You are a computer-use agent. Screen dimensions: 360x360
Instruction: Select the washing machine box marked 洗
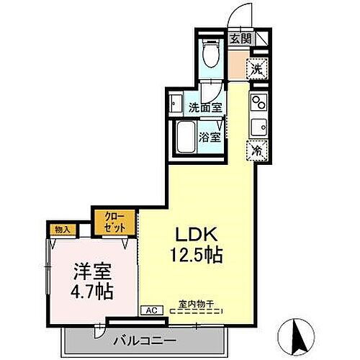[x=257, y=69]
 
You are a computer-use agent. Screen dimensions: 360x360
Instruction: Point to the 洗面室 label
[x=204, y=108]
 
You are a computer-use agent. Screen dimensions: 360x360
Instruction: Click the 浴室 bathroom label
[x=210, y=135]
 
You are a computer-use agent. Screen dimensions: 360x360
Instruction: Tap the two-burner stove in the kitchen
[x=258, y=102]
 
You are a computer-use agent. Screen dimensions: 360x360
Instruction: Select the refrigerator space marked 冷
[x=257, y=150]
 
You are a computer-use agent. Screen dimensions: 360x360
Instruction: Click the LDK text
[x=190, y=236]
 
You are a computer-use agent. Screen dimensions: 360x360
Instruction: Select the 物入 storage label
[x=62, y=230]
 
